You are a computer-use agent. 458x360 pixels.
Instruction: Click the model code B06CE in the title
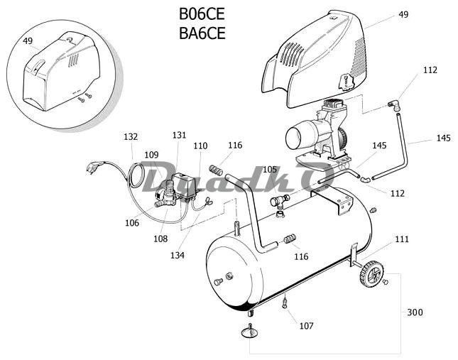pyautogui.click(x=202, y=14)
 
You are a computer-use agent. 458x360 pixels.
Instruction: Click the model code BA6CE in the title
pyautogui.click(x=202, y=33)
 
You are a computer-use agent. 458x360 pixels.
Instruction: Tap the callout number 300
pyautogui.click(x=415, y=312)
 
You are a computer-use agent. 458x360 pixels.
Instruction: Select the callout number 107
pyautogui.click(x=307, y=325)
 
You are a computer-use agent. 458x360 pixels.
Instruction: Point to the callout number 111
pyautogui.click(x=402, y=239)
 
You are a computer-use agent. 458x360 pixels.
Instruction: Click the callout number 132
pyautogui.click(x=131, y=136)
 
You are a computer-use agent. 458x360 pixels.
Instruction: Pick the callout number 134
pyautogui.click(x=178, y=255)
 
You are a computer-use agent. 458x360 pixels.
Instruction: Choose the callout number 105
pyautogui.click(x=270, y=169)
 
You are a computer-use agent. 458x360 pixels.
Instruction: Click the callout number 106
pyautogui.click(x=132, y=223)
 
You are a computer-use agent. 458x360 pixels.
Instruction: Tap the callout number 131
pyautogui.click(x=179, y=135)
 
